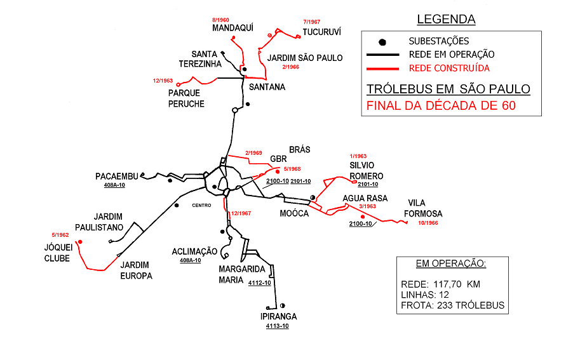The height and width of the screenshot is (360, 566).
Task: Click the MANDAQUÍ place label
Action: pos(233,28)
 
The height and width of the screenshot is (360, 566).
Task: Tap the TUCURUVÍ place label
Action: pos(322,31)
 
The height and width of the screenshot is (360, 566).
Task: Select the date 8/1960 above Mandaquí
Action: pos(220,20)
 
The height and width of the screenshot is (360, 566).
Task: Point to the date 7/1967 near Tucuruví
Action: pos(312,22)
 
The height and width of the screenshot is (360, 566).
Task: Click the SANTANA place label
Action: pos(267,86)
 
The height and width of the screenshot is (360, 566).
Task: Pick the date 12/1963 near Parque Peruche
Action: pos(163,81)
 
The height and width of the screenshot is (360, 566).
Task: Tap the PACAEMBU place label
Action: pos(117,176)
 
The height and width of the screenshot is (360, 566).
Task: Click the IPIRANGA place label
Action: pos(278,316)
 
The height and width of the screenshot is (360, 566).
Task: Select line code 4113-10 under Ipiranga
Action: pos(278,326)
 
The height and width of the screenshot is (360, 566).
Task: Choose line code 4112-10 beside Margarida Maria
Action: pos(259,283)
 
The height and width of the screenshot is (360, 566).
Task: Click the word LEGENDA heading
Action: pos(446,20)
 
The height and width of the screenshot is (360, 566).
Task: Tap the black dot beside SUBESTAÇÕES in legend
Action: pos(382,42)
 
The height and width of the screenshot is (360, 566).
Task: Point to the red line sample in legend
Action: pos(383,68)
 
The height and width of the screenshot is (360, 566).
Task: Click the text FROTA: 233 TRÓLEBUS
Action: pos(452,305)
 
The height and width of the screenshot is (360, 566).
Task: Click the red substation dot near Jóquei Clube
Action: pos(80,242)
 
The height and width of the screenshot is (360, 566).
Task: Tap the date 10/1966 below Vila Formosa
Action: pos(428,223)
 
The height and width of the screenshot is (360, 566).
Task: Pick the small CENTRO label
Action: pos(201,205)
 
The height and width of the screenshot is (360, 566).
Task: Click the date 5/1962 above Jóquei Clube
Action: pos(60,235)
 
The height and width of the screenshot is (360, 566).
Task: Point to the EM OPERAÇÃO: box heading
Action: pos(451,263)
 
